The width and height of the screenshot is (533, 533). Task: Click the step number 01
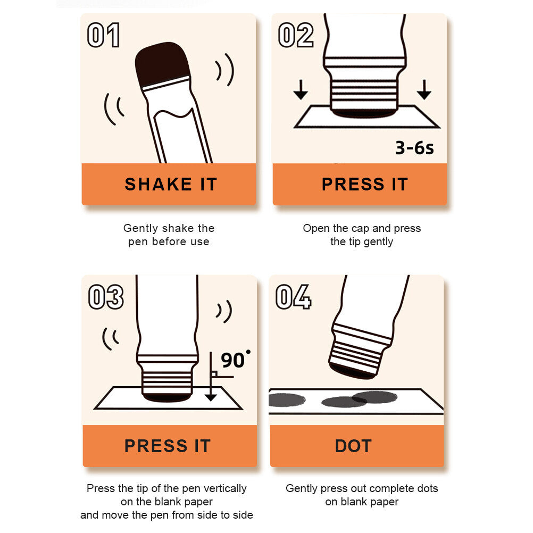pos(104,35)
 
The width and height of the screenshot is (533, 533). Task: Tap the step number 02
pos(296,35)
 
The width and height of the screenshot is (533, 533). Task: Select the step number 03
pos(106,297)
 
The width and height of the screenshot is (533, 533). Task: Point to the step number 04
pos(293,297)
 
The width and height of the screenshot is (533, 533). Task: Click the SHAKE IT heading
pos(171,184)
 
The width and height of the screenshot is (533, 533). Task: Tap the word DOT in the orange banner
pos(353,446)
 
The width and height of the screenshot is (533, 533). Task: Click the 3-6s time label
pos(415,148)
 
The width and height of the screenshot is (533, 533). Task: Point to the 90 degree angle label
pos(235,360)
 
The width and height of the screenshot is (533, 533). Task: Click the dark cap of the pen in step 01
pos(162,64)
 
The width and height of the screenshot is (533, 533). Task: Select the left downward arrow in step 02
pos(301,90)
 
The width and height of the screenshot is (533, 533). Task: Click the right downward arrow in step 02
pos(424,90)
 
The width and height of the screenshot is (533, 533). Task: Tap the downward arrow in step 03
pos(211,377)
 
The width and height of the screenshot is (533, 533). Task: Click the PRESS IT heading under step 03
pos(168,446)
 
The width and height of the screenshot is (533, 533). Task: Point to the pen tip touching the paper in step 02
pos(364,113)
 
